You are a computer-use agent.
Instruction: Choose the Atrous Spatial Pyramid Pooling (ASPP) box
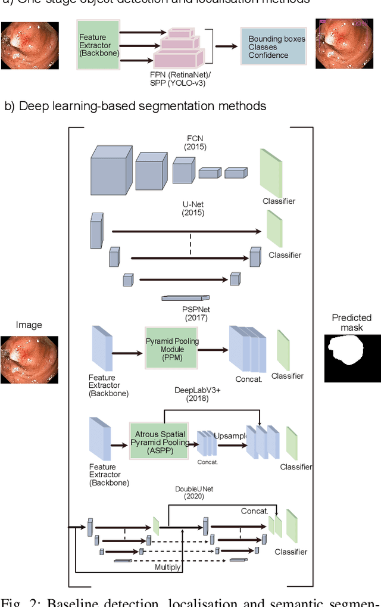pos(159,440)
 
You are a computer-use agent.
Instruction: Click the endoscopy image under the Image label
pos(29,359)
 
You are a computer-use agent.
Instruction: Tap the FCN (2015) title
pos(195,142)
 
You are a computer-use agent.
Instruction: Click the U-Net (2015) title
pos(193,208)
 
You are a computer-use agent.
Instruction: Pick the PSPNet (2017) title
pos(196,313)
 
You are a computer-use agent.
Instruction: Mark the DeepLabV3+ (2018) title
pos(191,394)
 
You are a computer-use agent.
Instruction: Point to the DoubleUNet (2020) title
pos(194,493)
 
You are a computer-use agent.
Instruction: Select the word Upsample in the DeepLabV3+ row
pos(230,435)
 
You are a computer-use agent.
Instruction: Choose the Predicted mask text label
pos(351,322)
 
